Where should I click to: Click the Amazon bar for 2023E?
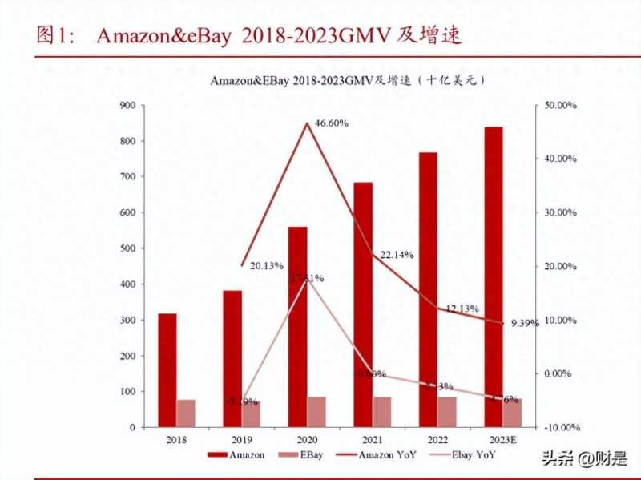[x=494, y=276]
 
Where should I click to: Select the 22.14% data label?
[x=397, y=255]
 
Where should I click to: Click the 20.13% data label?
[x=266, y=266]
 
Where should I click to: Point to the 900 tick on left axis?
[x=127, y=105]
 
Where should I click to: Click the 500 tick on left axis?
[x=127, y=248]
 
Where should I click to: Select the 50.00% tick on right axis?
[x=561, y=105]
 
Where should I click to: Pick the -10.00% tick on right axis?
[x=559, y=427]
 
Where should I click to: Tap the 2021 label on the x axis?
[x=373, y=440]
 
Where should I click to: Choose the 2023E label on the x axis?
[x=503, y=440]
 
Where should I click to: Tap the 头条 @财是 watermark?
[x=584, y=458]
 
